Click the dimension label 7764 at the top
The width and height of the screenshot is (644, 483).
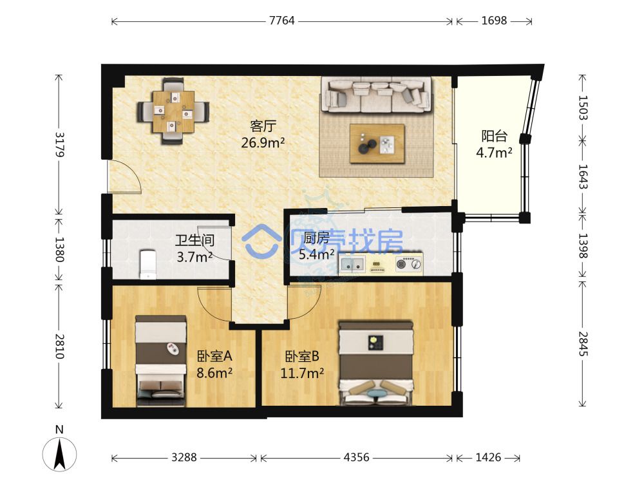coord(282,21)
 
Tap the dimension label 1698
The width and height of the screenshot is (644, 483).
coord(494,21)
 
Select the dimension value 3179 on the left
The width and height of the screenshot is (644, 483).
coord(59,144)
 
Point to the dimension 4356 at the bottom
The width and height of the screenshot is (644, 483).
coord(357,457)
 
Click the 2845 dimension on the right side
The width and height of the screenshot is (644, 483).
coord(583,344)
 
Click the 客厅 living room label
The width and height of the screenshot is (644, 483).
coord(263,126)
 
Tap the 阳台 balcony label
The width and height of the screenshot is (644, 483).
coord(494,135)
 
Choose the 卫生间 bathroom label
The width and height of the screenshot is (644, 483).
coord(194,240)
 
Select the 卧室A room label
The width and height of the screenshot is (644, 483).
coord(214,355)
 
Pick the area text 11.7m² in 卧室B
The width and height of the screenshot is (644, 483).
coord(302,374)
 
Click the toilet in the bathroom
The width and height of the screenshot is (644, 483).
coord(148,264)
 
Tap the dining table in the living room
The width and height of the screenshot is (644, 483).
coord(173,111)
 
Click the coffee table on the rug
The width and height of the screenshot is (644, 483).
coord(377,144)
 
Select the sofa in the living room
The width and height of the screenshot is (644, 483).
coord(376,94)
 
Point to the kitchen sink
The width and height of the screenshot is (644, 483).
coord(353,264)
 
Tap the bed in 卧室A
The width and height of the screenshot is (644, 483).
coord(160,360)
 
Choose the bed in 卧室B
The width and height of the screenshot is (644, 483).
coord(376,363)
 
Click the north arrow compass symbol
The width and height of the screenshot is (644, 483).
coord(59,454)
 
